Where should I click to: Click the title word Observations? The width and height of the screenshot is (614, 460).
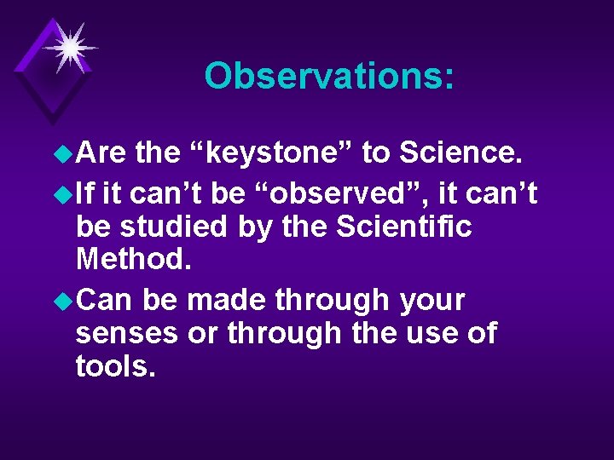(x=329, y=77)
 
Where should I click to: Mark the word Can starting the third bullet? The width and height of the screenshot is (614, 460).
(x=106, y=301)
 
